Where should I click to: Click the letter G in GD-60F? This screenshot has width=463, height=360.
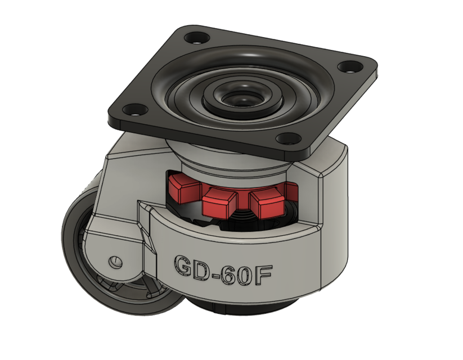coord(184,267)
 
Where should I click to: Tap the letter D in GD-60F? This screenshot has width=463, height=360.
coord(204,269)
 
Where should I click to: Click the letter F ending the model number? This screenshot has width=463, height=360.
coord(267,274)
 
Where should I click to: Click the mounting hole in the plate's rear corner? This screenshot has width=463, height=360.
coord(196,39)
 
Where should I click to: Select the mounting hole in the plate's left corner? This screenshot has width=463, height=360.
coord(132,110)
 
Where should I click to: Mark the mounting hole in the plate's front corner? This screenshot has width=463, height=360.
coord(287,138)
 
